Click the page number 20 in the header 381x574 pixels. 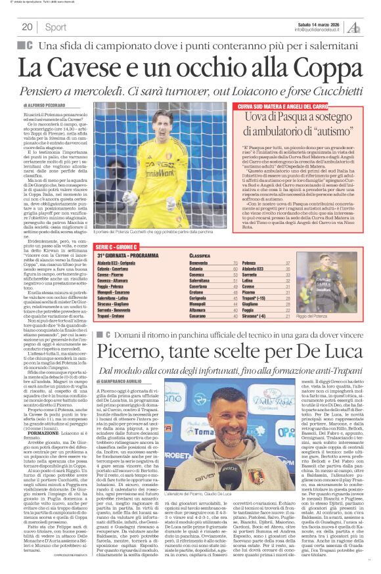coord(27,27)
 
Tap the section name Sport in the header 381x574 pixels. coord(56,27)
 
